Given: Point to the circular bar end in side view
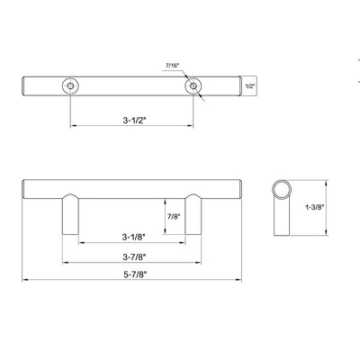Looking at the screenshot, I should click(x=283, y=192).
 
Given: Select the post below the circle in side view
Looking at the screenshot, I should click(x=283, y=220).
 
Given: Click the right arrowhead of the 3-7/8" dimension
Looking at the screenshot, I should click(x=200, y=264).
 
